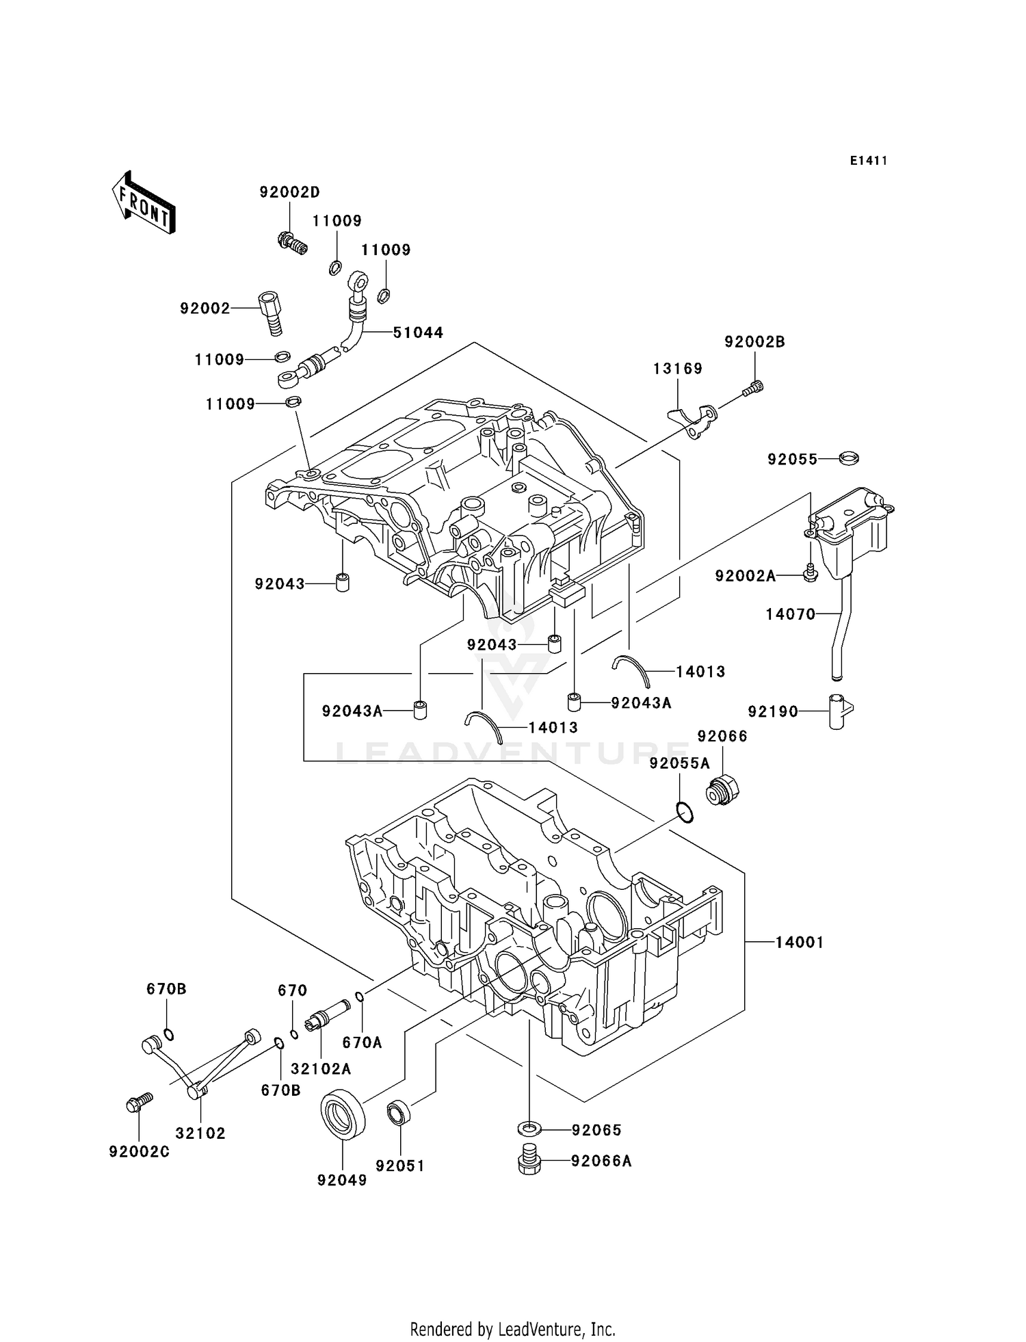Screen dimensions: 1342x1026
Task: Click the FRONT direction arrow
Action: coord(144,203)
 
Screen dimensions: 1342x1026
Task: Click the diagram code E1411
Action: coord(869,161)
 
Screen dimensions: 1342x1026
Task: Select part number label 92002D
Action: coord(289,192)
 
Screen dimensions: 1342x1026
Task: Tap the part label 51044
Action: coord(418,332)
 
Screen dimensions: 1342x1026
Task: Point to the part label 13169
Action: coord(677,369)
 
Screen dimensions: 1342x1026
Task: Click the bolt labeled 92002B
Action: coord(753,389)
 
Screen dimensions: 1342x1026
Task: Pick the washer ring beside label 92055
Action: coord(849,458)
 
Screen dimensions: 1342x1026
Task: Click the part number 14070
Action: coord(790,614)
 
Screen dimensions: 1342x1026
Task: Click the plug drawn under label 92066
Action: coord(722,791)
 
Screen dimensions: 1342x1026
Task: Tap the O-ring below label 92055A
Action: coord(684,812)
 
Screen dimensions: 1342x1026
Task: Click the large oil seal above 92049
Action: coord(343,1116)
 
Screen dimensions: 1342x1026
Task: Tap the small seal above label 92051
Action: coord(398,1113)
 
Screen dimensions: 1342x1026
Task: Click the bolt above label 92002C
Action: coord(139,1102)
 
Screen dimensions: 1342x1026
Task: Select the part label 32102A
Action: coord(321,1068)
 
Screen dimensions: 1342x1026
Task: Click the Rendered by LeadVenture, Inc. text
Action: coord(512,1329)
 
